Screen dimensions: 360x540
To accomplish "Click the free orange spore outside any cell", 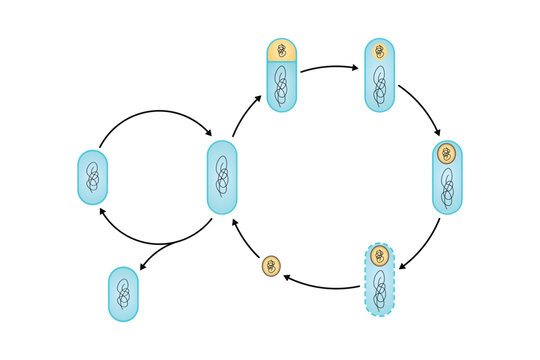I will (x=272, y=267).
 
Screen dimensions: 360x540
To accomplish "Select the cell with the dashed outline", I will (x=379, y=279).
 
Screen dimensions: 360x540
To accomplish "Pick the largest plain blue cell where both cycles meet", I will (x=221, y=178).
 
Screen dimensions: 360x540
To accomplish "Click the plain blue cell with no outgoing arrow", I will (x=123, y=294).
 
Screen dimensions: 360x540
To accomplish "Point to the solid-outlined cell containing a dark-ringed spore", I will (x=448, y=177).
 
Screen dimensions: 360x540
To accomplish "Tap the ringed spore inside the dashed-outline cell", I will (x=379, y=256).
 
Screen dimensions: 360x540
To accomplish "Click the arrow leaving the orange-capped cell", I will (x=330, y=68).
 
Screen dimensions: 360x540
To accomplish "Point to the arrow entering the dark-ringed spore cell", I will (x=422, y=111).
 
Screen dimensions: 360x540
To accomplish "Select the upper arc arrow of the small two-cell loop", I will (x=155, y=114).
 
